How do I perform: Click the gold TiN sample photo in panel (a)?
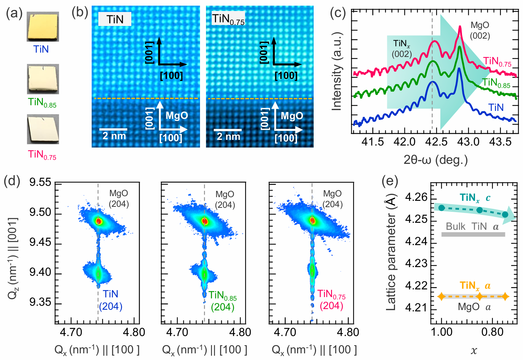tap(43, 27)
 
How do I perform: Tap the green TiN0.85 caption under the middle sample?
tap(42, 102)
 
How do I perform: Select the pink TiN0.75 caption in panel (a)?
tap(42, 155)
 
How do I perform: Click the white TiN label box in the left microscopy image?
tap(115, 19)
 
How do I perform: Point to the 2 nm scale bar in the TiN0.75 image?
tap(228, 130)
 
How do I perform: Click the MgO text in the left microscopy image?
tap(177, 116)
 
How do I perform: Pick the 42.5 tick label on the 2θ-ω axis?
tap(437, 142)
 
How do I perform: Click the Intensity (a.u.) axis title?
tap(337, 71)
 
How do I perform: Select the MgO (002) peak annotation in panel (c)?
tap(480, 30)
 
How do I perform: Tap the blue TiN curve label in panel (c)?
tap(496, 108)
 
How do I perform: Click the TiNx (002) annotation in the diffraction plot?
tap(402, 49)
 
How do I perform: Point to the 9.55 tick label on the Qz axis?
tap(40, 182)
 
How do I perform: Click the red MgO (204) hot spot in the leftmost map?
tap(99, 221)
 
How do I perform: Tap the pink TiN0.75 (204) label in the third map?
tap(331, 300)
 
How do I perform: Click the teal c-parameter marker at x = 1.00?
tap(442, 208)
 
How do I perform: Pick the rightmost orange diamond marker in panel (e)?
tap(505, 296)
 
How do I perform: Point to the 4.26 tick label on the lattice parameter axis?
tap(416, 197)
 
